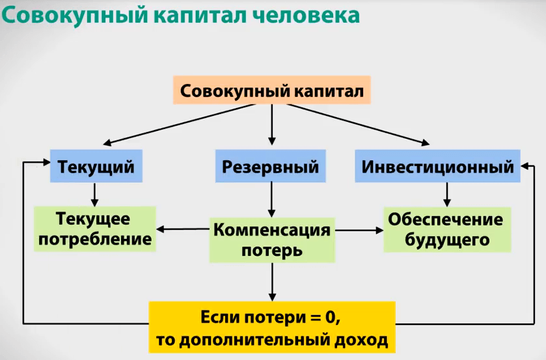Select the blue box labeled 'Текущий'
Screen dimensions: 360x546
[96, 167]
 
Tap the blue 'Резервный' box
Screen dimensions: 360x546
[271, 167]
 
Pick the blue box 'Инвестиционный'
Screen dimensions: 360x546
[437, 167]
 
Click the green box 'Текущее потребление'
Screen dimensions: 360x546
[96, 229]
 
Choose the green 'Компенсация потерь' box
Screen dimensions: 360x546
[271, 240]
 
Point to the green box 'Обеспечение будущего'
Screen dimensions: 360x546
[445, 229]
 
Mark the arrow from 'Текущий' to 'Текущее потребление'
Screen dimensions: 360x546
[95, 194]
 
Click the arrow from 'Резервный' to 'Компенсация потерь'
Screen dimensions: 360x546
[271, 199]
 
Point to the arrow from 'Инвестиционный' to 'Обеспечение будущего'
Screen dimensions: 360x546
[446, 194]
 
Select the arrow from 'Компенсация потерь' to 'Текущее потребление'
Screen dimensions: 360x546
[183, 229]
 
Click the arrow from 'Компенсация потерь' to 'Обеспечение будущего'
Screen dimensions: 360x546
[358, 229]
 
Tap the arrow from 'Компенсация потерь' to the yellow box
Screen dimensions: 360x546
[271, 281]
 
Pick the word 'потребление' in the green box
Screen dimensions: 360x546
[96, 240]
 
